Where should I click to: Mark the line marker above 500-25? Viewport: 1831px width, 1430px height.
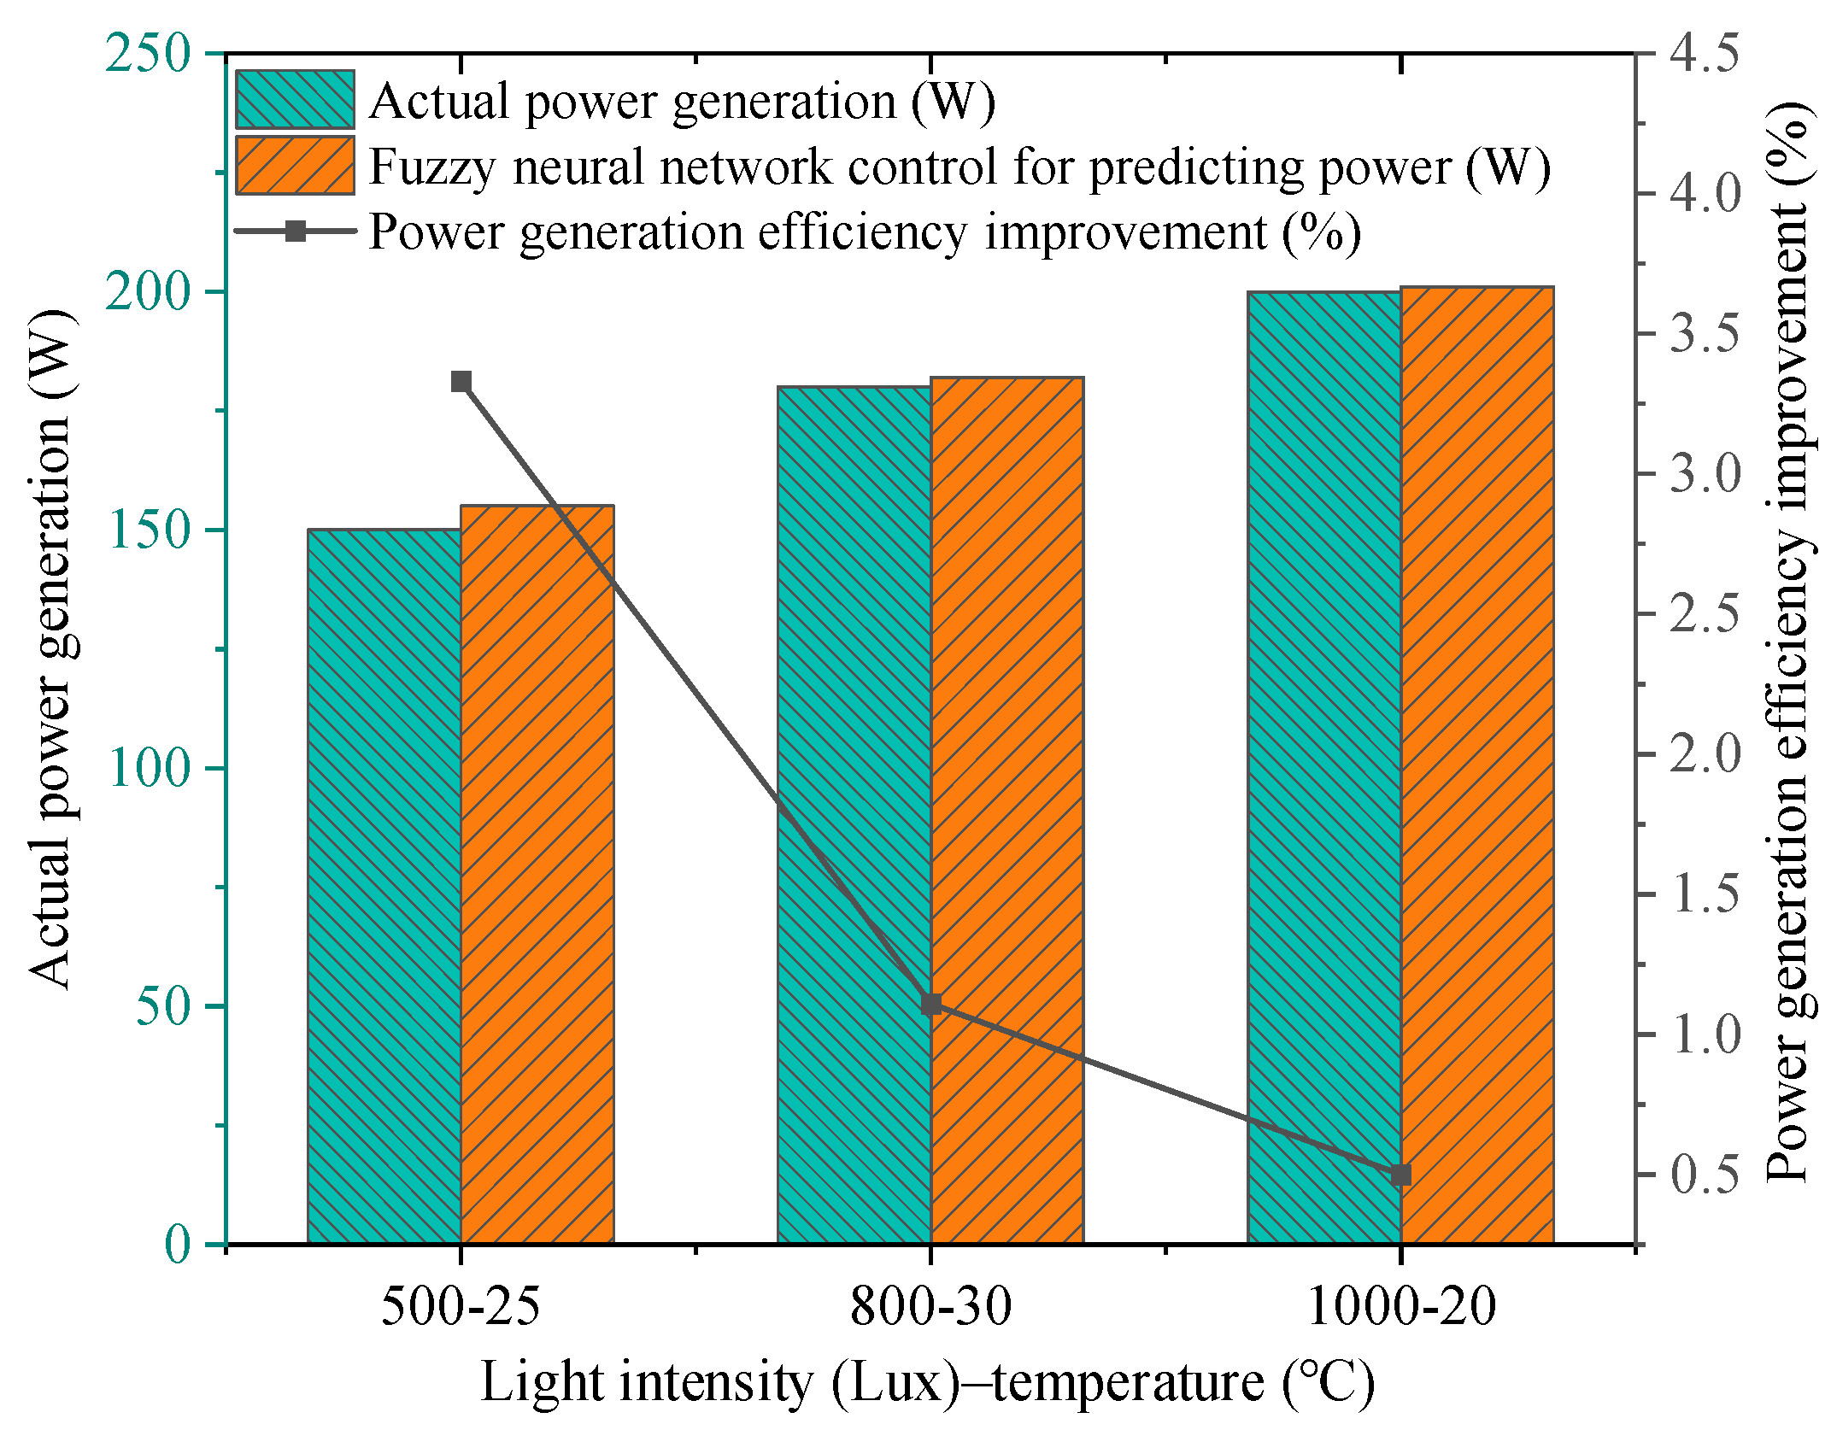point(461,382)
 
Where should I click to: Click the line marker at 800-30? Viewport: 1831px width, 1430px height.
point(931,1005)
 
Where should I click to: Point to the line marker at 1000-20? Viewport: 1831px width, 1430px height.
point(1400,1175)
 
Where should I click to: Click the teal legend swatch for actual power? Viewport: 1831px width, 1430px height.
point(295,100)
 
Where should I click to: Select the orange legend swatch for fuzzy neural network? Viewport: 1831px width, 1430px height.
point(295,166)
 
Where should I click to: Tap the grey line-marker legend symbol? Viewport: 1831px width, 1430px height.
point(295,231)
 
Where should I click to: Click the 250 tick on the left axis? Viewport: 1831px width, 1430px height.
point(146,53)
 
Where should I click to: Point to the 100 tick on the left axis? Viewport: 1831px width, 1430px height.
point(146,768)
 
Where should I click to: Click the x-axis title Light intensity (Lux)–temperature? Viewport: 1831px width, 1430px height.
point(927,1382)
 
